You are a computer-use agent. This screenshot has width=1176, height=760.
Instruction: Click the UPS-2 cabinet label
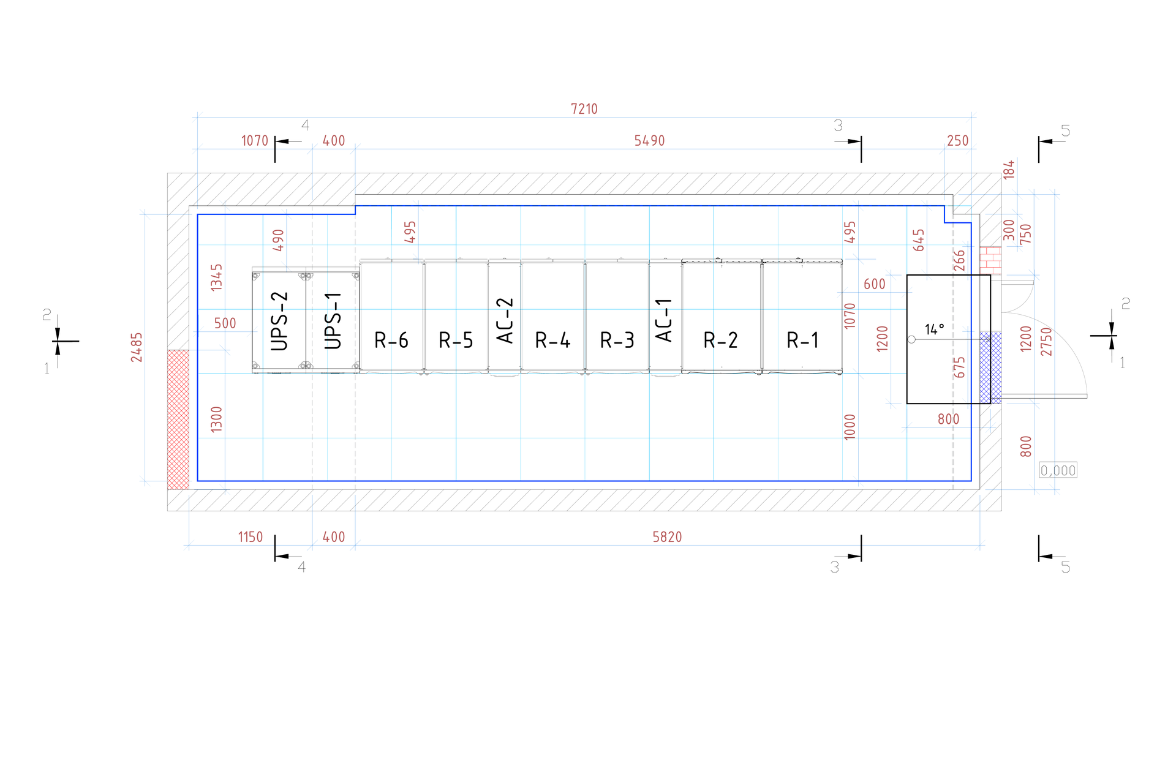(279, 321)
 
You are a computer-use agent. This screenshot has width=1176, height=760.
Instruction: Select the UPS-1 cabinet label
(333, 321)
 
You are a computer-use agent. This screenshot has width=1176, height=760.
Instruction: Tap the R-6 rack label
(391, 340)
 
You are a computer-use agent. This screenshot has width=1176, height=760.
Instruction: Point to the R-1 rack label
(803, 340)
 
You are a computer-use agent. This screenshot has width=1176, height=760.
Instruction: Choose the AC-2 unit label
(505, 321)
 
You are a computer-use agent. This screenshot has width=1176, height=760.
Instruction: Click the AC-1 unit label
(665, 320)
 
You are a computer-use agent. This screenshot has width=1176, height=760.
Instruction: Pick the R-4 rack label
(552, 340)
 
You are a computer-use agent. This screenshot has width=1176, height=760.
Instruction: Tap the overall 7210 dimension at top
(584, 109)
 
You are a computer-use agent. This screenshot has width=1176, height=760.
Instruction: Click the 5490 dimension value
(649, 141)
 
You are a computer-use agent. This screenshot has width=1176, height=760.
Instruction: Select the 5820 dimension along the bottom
(667, 537)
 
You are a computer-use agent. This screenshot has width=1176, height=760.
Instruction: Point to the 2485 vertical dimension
(137, 347)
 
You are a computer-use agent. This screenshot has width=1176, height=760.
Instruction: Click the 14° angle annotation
(934, 329)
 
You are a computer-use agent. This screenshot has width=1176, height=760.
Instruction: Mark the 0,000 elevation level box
(1058, 470)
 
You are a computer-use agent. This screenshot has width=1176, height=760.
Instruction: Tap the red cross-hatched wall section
(178, 420)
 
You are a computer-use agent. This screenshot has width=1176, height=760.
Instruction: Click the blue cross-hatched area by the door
(990, 367)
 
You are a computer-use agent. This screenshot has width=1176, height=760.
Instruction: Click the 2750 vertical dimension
(1047, 342)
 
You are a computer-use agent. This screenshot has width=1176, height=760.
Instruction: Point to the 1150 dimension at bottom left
(250, 537)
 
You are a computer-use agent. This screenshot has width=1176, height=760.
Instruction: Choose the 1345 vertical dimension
(217, 277)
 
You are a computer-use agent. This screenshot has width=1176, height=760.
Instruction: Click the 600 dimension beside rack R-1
(874, 284)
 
